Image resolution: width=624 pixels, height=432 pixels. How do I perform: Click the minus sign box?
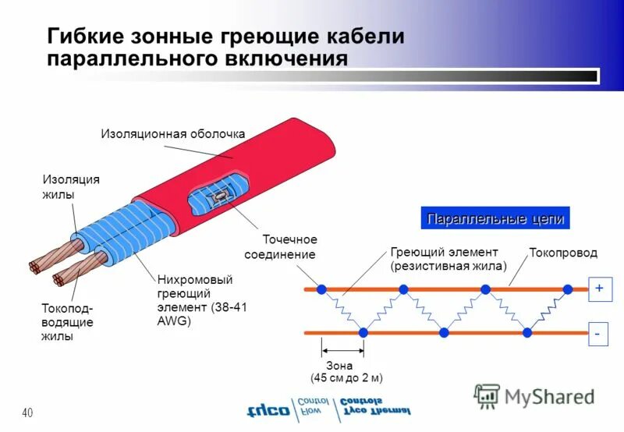[598, 333]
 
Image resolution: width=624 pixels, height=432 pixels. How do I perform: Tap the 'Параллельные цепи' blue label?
[495, 219]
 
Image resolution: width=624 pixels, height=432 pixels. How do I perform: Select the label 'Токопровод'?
[563, 253]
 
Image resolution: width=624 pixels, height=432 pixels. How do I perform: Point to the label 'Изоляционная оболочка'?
[173, 134]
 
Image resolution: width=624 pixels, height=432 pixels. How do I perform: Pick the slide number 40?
[27, 412]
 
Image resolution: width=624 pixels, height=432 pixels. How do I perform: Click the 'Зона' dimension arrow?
[342, 350]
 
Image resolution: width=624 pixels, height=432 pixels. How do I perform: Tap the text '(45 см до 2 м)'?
[346, 378]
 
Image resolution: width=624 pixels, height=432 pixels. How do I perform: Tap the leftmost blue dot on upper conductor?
[321, 289]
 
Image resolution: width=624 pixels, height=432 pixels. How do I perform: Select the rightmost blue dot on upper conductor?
[568, 289]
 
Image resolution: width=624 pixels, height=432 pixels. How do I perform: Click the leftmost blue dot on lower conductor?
[363, 333]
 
